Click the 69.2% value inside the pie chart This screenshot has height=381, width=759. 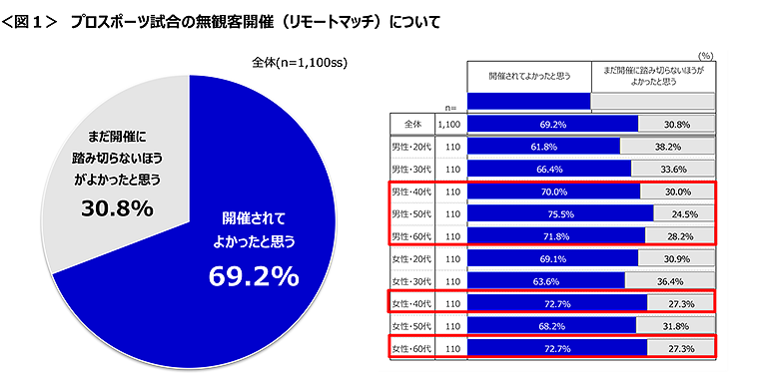(x=253, y=276)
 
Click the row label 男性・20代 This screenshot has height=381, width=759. (x=410, y=146)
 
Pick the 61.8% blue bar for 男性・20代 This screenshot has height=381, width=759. (x=543, y=146)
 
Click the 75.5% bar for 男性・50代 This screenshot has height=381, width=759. (x=559, y=213)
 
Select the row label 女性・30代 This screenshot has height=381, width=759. (x=410, y=280)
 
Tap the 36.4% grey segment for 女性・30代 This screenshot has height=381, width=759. (x=670, y=280)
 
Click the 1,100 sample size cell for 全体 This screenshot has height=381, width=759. (x=448, y=124)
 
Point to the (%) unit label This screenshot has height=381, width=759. (x=706, y=57)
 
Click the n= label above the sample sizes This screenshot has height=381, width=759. (x=448, y=107)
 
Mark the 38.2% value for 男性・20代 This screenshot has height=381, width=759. (x=667, y=146)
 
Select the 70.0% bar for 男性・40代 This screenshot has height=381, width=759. (x=553, y=190)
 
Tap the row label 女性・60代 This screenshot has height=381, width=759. (x=410, y=348)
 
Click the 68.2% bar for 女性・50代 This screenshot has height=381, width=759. (x=551, y=325)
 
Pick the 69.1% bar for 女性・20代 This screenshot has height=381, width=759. (x=552, y=258)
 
